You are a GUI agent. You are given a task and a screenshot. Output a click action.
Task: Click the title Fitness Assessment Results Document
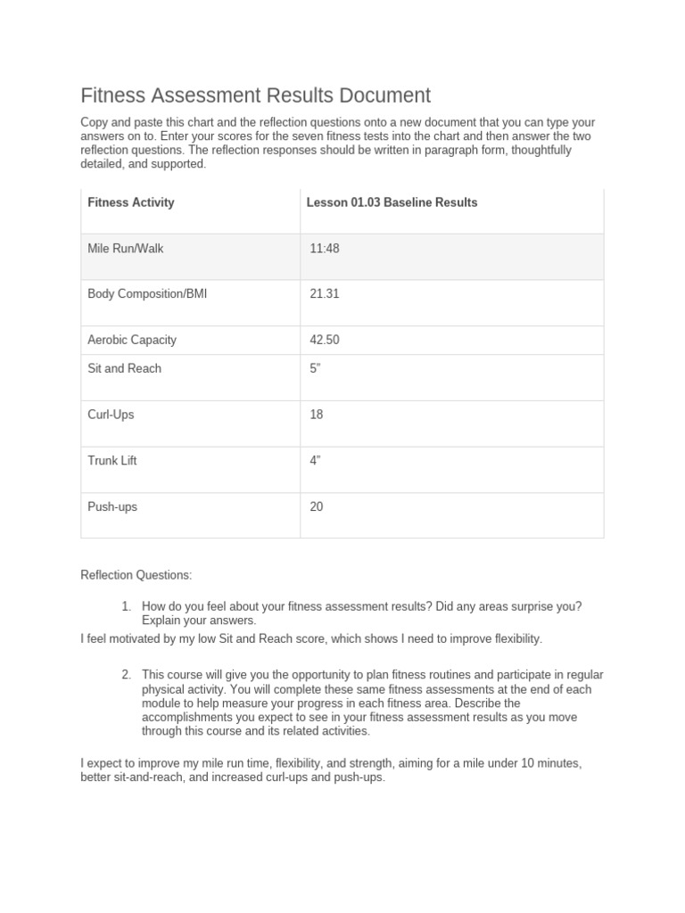[x=256, y=95]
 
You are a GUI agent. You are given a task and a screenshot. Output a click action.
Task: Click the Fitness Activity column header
[x=131, y=202]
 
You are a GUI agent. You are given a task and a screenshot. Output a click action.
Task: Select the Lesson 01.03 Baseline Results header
[x=392, y=202]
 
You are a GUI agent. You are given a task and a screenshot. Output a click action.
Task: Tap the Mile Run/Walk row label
[x=126, y=248]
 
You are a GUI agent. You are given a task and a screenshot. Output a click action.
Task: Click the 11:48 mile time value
[x=325, y=248]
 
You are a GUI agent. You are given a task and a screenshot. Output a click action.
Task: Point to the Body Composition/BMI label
[x=147, y=293]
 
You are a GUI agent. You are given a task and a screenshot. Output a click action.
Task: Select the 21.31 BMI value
[x=325, y=293]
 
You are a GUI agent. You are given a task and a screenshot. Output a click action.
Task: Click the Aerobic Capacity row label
[x=132, y=340]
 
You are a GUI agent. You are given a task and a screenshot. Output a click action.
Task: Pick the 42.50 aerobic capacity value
[x=325, y=340]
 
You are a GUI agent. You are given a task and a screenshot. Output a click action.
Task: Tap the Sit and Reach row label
[x=125, y=368]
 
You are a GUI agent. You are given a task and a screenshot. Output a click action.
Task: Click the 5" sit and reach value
[x=315, y=368]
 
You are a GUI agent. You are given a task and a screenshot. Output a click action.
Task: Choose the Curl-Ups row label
[x=111, y=415]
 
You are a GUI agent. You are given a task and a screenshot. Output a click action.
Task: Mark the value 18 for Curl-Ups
[x=317, y=415]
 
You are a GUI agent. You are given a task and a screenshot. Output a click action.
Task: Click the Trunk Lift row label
[x=112, y=461]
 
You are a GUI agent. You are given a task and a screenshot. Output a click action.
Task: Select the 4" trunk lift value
[x=315, y=461]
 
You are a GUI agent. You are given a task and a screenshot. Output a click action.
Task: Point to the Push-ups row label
[x=112, y=506]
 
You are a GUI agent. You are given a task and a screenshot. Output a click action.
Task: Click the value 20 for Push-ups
[x=317, y=506]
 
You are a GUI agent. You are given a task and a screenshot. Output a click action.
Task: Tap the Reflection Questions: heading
[x=136, y=575]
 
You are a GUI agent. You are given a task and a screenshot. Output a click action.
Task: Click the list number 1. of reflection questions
[x=127, y=606]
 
